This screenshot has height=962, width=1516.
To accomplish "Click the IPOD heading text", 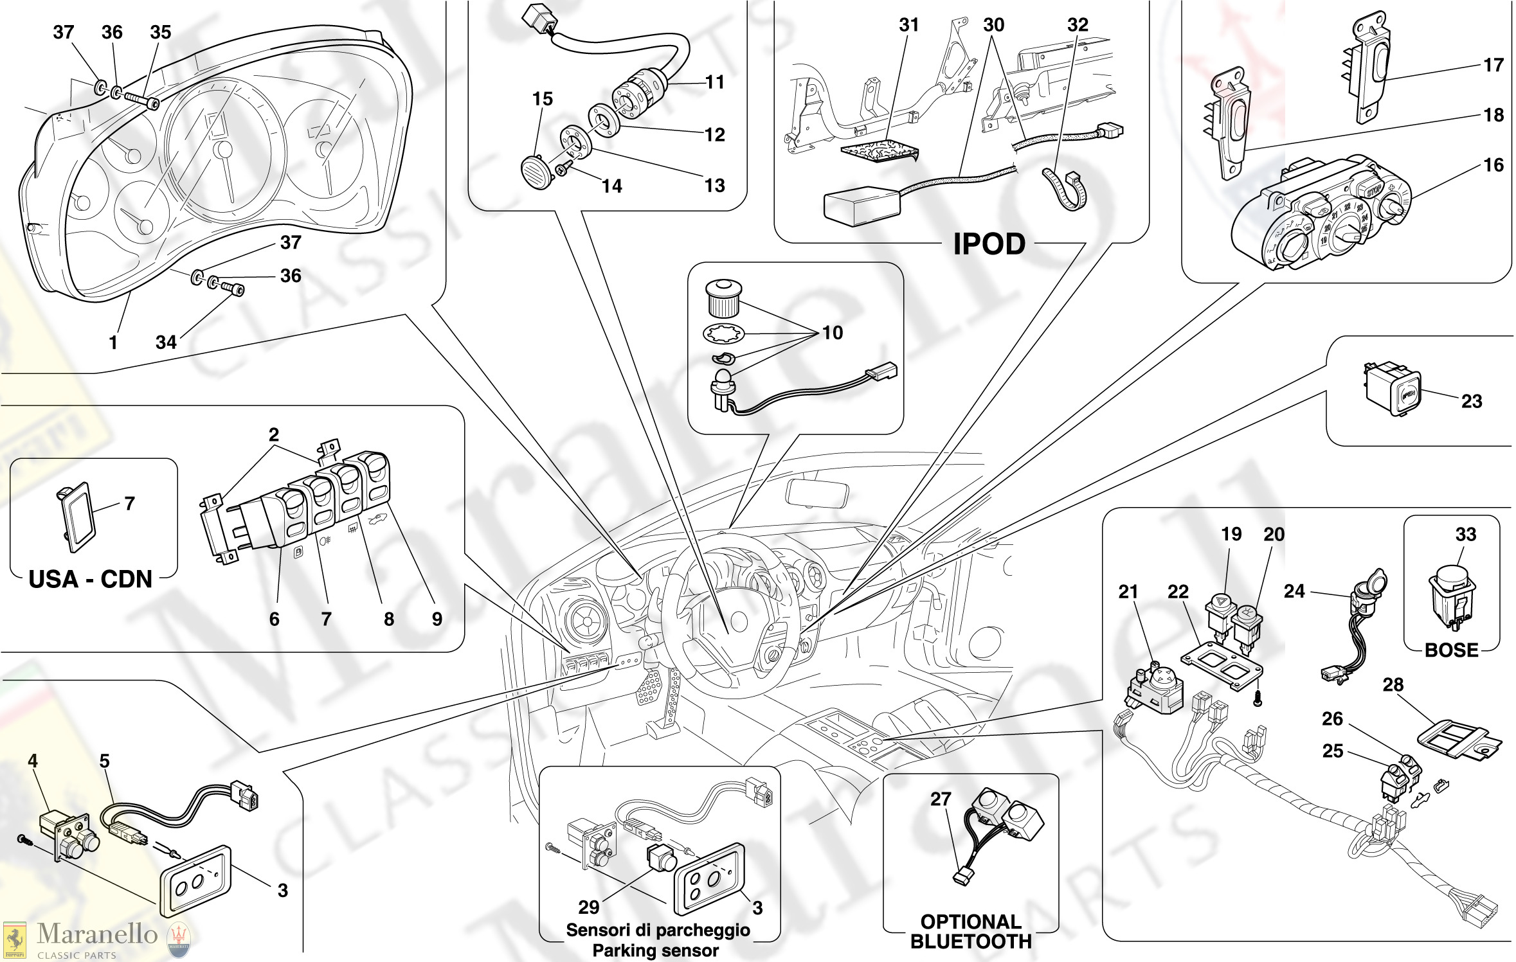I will [989, 244].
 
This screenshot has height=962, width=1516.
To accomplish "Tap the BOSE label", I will [1451, 650].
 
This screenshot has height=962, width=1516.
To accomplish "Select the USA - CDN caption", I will [91, 579].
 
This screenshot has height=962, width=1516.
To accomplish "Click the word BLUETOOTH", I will [971, 941].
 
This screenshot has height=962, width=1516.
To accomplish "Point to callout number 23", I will [1472, 401].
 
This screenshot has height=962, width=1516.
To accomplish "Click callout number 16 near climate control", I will [1493, 165].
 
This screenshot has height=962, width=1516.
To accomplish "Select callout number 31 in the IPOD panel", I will [908, 25].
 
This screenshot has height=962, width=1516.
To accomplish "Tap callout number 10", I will [833, 333].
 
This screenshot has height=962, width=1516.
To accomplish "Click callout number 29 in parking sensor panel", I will [588, 907].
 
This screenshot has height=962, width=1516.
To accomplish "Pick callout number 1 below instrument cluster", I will [113, 342].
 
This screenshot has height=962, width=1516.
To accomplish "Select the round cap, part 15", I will [536, 172].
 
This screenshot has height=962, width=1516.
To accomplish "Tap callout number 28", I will [1393, 684].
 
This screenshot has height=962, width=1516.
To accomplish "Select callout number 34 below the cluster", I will [166, 342].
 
